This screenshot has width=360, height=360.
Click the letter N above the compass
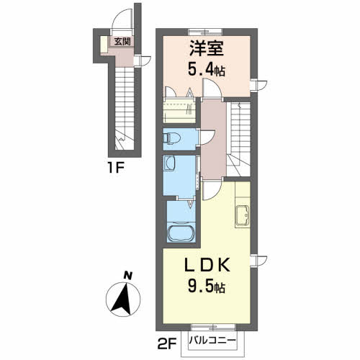click(127, 274)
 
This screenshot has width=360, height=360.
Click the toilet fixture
click(171, 137)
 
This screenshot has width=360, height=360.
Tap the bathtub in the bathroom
click(180, 235)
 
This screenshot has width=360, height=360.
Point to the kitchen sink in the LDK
click(242, 213)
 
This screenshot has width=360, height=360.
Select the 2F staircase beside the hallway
click(240, 137)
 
